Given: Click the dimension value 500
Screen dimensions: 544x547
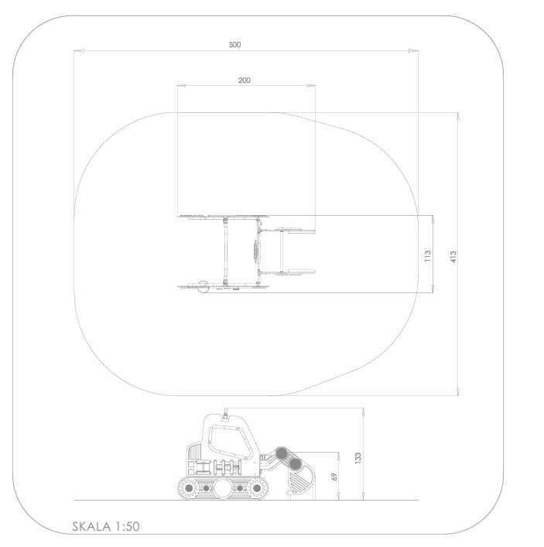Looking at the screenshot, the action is [x=234, y=45].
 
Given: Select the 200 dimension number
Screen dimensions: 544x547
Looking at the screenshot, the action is [x=245, y=80].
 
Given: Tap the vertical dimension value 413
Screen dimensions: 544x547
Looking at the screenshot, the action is [x=453, y=257].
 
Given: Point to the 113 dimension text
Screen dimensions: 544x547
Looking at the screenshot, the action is [x=428, y=256].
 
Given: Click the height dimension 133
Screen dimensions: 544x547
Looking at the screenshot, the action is [x=358, y=458].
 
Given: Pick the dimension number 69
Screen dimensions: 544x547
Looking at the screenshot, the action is [x=334, y=477].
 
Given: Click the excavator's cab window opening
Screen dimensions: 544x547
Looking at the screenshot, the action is [x=230, y=441].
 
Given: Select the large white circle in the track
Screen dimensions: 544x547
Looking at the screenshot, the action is [x=222, y=488].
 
